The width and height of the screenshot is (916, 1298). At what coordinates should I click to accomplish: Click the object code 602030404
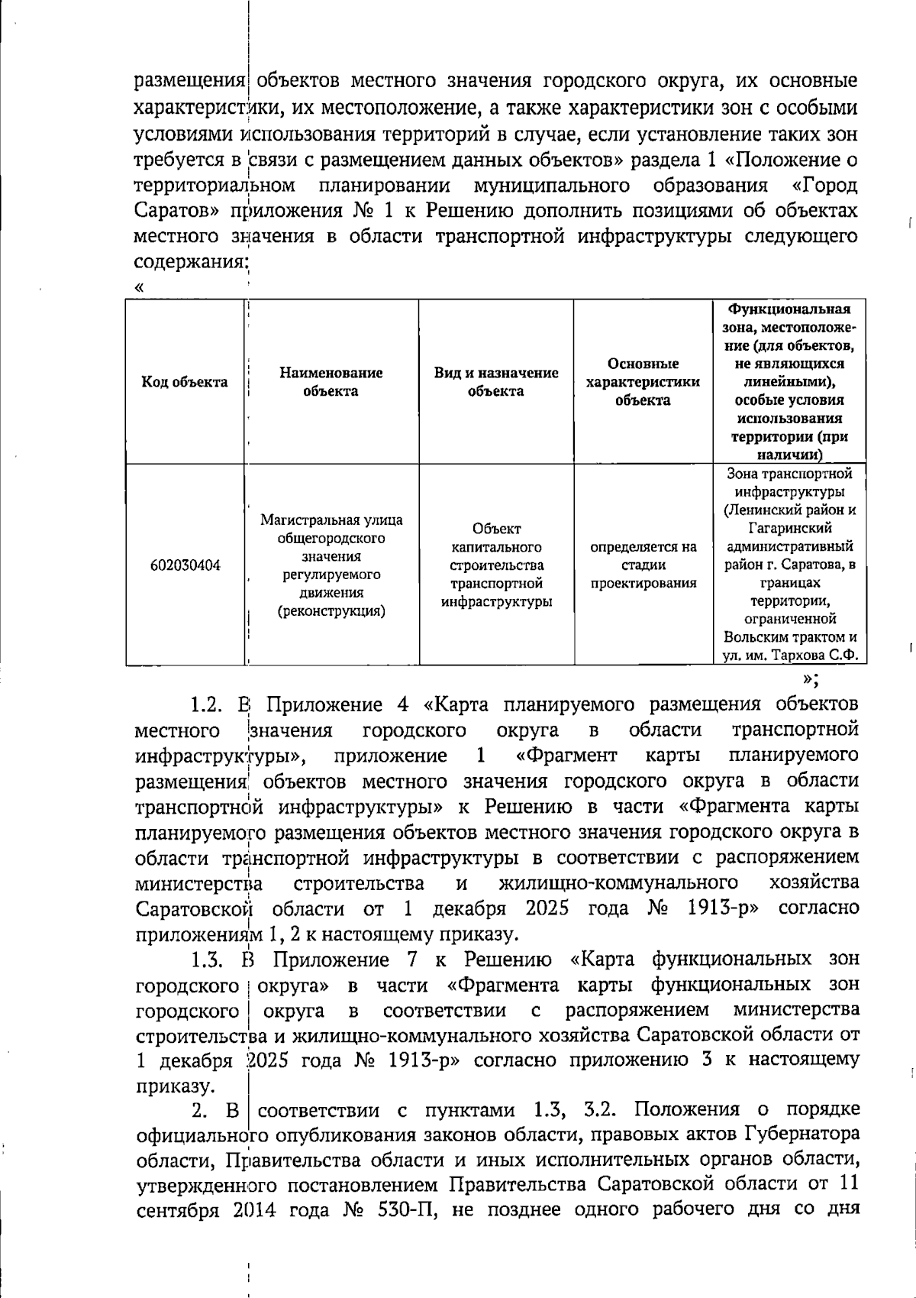tap(185, 566)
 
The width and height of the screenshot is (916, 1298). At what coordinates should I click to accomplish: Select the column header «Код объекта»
tap(185, 382)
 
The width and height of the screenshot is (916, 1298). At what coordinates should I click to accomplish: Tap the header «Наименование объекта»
tap(331, 382)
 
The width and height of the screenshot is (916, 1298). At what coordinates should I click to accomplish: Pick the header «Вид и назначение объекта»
tap(496, 382)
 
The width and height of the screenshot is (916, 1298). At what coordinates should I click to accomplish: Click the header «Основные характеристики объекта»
tap(643, 382)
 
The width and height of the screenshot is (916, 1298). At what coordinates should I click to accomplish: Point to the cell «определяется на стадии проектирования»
tap(643, 565)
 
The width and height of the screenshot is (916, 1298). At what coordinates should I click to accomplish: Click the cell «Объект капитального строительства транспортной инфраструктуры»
tap(496, 565)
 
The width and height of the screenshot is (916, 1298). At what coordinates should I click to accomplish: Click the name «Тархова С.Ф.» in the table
tap(815, 655)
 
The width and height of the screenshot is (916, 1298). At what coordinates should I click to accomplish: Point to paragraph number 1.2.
tap(205, 704)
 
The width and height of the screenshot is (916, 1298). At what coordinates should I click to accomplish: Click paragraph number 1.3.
tap(206, 960)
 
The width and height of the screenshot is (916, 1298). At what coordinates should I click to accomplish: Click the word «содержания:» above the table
tap(192, 262)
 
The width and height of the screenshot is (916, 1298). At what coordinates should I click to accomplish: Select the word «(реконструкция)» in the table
tap(331, 611)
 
